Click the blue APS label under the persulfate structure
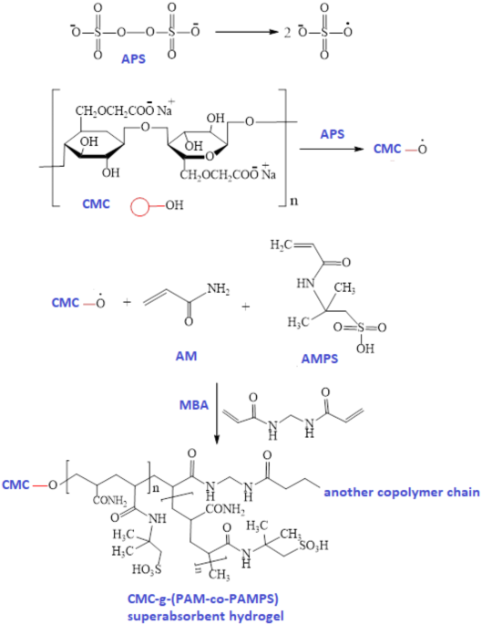pyautogui.click(x=133, y=59)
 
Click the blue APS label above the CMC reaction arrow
pyautogui.click(x=332, y=134)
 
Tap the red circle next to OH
pyautogui.click(x=139, y=205)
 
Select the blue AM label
pyautogui.click(x=186, y=356)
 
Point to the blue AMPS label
pyautogui.click(x=320, y=359)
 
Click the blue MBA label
pyautogui.click(x=194, y=405)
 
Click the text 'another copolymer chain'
pyautogui.click(x=402, y=493)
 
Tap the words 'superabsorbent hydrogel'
pyautogui.click(x=205, y=616)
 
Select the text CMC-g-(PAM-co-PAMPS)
pyautogui.click(x=202, y=599)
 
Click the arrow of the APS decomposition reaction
pyautogui.click(x=246, y=32)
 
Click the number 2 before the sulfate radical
pyautogui.click(x=287, y=32)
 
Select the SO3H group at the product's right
pyautogui.click(x=314, y=545)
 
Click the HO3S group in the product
pyautogui.click(x=148, y=570)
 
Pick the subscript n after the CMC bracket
pyautogui.click(x=293, y=201)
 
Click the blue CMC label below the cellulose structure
pyautogui.click(x=96, y=204)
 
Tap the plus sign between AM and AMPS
pyautogui.click(x=246, y=307)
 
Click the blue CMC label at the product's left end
pyautogui.click(x=15, y=484)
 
